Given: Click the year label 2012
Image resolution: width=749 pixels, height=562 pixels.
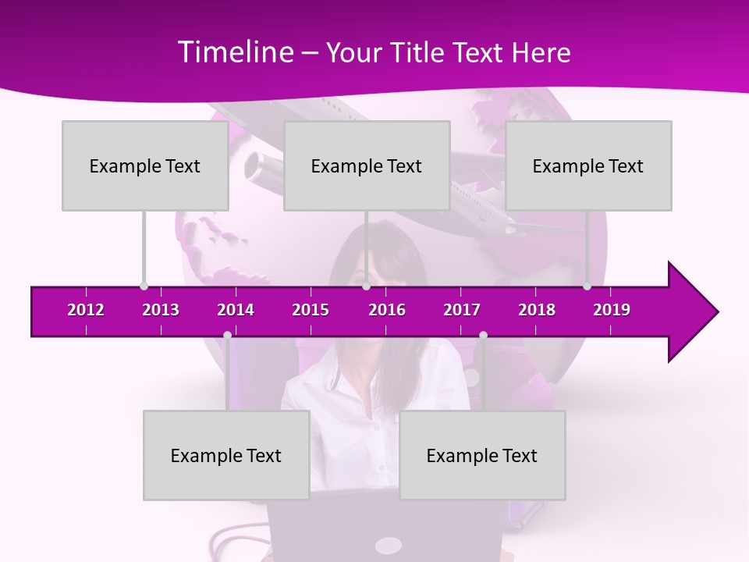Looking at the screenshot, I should tap(86, 310).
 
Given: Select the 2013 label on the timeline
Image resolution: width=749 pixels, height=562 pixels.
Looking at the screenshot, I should tap(161, 310).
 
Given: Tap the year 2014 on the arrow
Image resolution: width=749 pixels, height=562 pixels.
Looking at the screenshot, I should tap(236, 310).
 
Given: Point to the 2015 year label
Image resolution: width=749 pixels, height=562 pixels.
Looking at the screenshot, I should tap(311, 310).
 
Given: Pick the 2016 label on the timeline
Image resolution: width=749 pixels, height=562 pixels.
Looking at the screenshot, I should tap(387, 310).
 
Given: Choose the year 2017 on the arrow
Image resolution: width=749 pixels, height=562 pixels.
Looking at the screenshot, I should tap(462, 310).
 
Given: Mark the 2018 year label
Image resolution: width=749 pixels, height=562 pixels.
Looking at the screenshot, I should tap(537, 310).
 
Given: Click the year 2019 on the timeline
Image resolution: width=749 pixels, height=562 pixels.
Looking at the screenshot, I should tap(612, 310).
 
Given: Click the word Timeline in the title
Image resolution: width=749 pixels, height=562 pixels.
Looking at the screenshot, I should tap(235, 52).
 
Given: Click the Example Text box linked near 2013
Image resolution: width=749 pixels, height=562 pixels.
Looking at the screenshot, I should tap(145, 165).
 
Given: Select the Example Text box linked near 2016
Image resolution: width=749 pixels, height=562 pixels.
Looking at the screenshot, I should tap(367, 165).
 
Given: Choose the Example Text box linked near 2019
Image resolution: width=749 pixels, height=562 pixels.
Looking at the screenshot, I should tap(588, 165).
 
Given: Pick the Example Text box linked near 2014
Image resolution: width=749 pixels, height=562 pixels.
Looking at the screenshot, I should tap(226, 455).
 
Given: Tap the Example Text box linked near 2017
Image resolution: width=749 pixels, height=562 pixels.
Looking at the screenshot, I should tap(482, 455).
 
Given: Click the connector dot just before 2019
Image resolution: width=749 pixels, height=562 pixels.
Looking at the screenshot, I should tap(587, 286).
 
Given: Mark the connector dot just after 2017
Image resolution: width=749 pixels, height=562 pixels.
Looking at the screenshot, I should tap(483, 336).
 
